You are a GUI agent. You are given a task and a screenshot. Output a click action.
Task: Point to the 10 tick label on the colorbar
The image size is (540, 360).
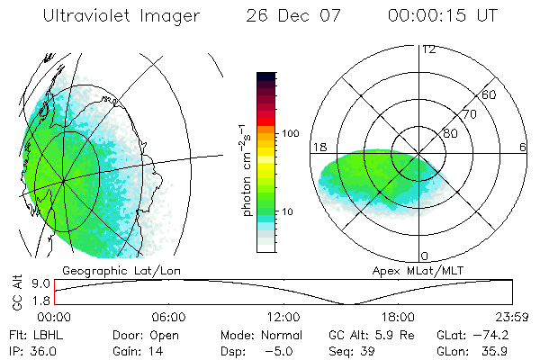pos(291,212)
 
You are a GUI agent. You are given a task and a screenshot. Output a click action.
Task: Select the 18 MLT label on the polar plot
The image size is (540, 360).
pos(319,147)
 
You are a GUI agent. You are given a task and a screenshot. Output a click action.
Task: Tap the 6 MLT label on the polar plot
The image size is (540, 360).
pos(523,147)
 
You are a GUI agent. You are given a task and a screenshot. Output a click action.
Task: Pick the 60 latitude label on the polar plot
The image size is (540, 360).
pos(490,94)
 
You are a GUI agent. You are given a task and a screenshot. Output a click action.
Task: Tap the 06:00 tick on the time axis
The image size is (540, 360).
pos(168,318)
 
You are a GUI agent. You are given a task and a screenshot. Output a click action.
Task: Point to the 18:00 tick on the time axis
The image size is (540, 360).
pos(398,318)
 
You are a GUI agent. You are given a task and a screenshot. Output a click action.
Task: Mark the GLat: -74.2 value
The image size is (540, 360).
pos(473,335)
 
